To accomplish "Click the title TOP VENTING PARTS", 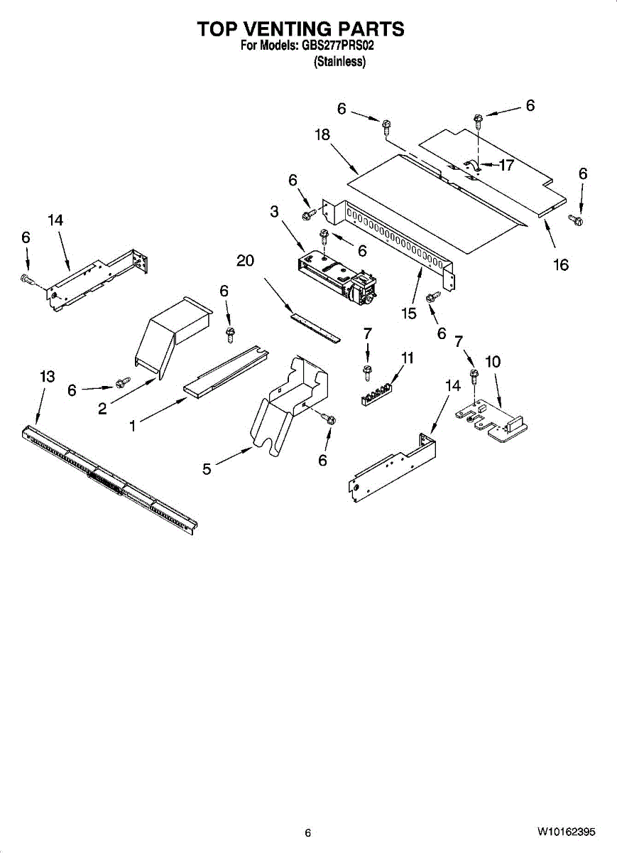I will pyautogui.click(x=300, y=28).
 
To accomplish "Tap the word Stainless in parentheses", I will pyautogui.click(x=339, y=62).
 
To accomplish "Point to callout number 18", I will pyautogui.click(x=323, y=135).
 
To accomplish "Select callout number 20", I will pyautogui.click(x=245, y=261).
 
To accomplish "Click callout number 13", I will pyautogui.click(x=47, y=377).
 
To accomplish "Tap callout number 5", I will pyautogui.click(x=207, y=469).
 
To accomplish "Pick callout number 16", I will pyautogui.click(x=561, y=265).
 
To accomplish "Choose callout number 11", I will pyautogui.click(x=407, y=358).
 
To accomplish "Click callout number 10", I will pyautogui.click(x=493, y=362).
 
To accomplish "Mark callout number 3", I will pyautogui.click(x=274, y=211).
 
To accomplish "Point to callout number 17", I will pyautogui.click(x=506, y=166).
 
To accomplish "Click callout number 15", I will pyautogui.click(x=408, y=313).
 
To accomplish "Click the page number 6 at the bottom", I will pyautogui.click(x=307, y=833).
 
